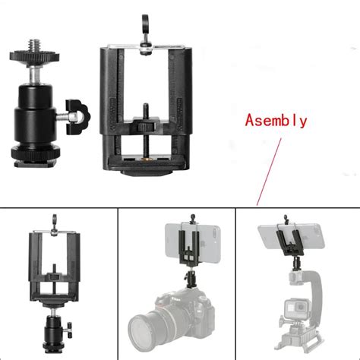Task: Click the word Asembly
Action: click(275, 120)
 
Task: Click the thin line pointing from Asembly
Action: click(267, 167)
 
